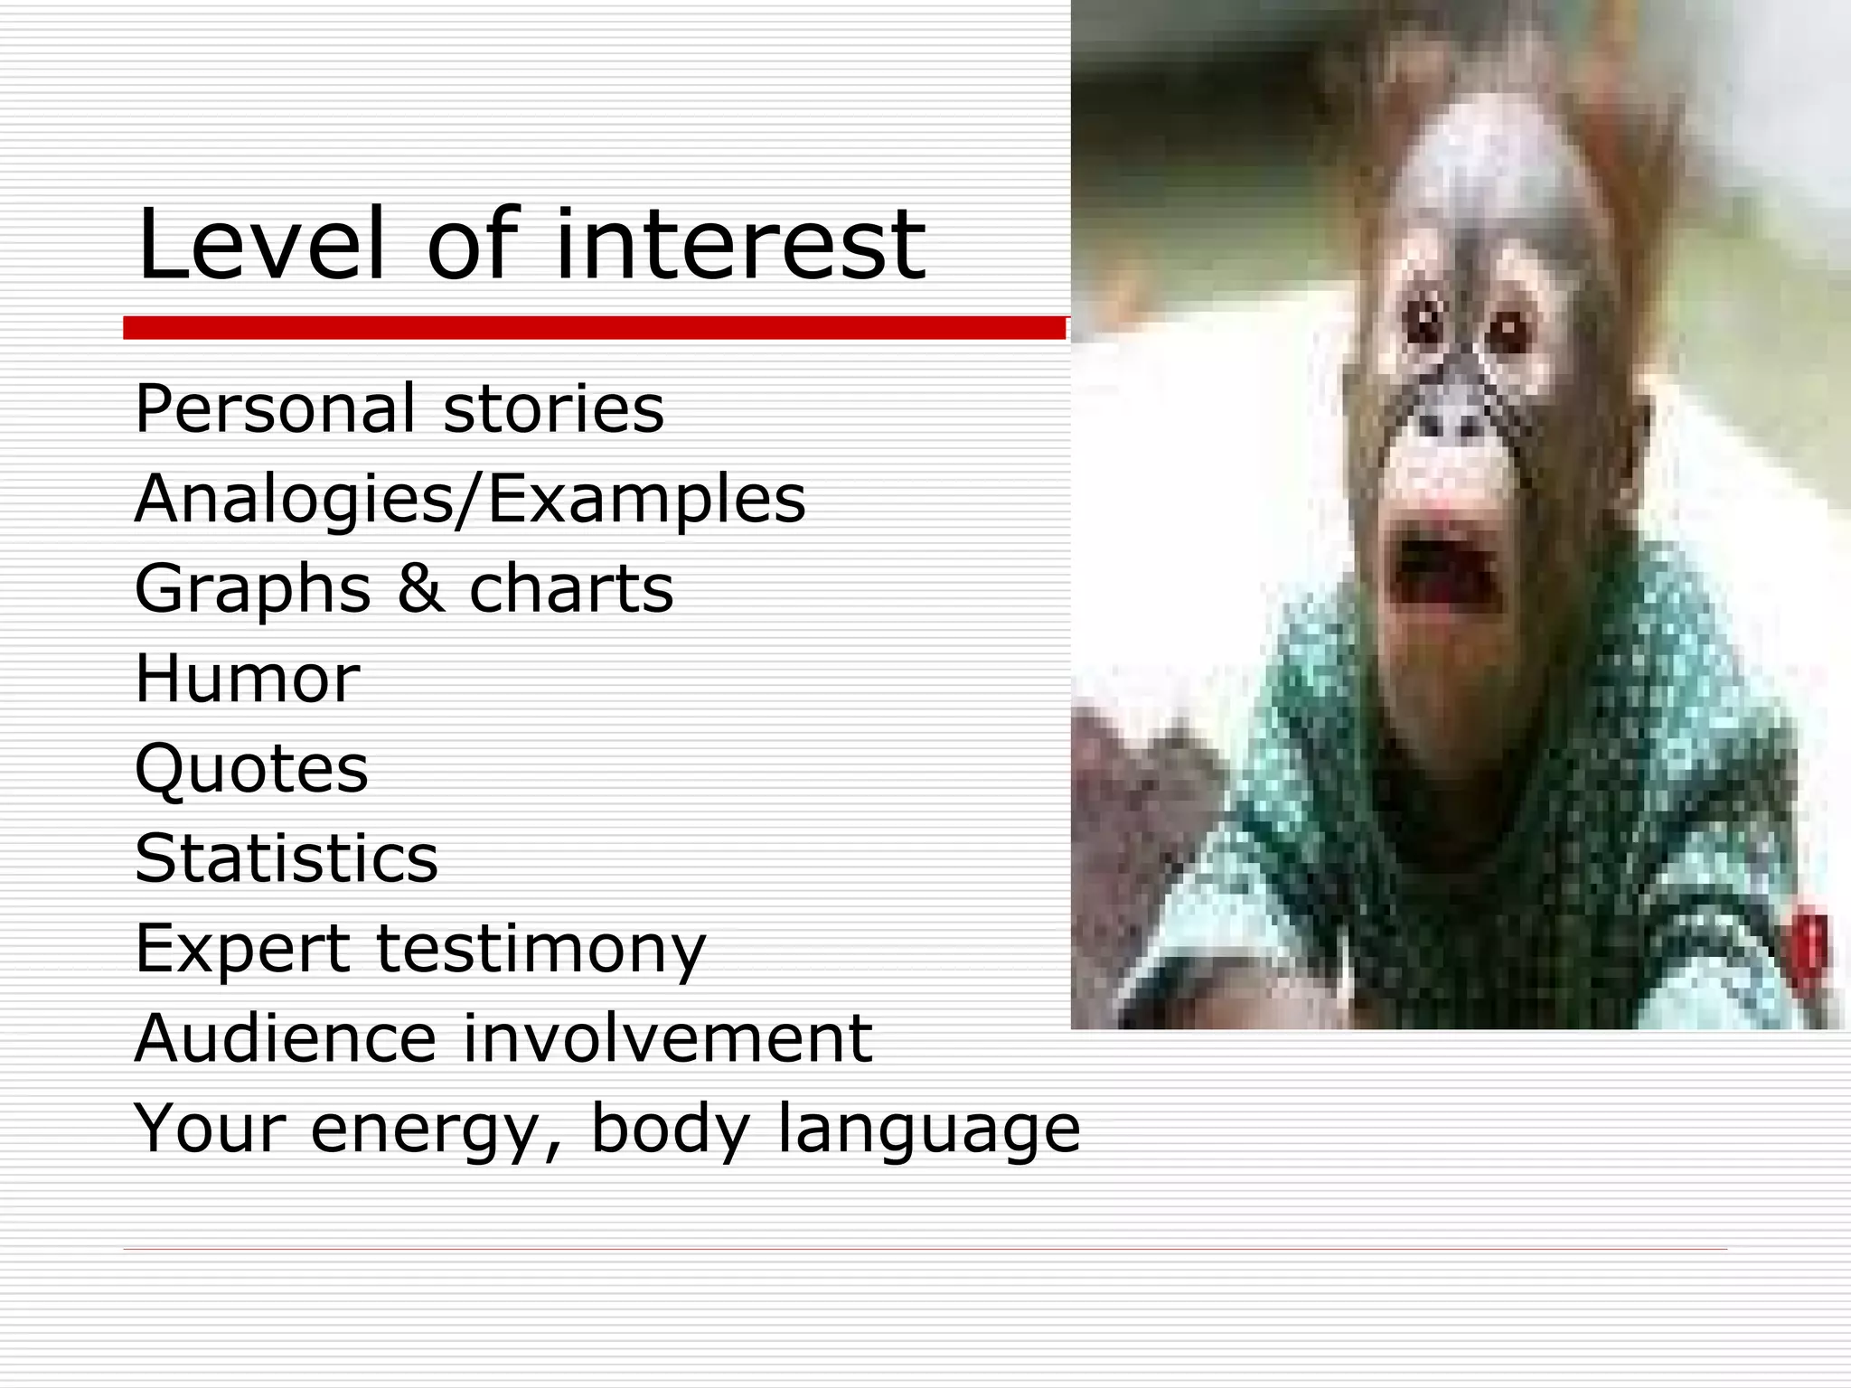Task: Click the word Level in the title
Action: pyautogui.click(x=261, y=244)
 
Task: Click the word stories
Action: pyautogui.click(x=553, y=408)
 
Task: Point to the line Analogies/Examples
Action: pyautogui.click(x=469, y=499)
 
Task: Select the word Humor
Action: pyautogui.click(x=247, y=678)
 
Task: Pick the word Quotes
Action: pyautogui.click(x=251, y=768)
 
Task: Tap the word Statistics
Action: pyautogui.click(x=286, y=858)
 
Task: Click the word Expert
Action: pyautogui.click(x=242, y=948)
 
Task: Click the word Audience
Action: pyautogui.click(x=286, y=1037)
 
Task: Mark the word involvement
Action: pyautogui.click(x=667, y=1037)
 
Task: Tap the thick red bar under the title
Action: pyautogui.click(x=594, y=328)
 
